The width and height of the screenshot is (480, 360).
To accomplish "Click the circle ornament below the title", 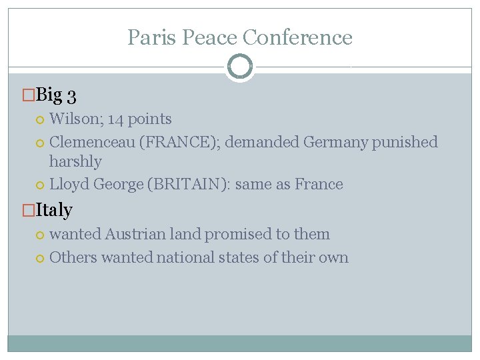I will (x=240, y=67).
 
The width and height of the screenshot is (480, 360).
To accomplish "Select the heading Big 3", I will (x=55, y=95).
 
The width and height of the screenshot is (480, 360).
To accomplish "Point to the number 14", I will (x=115, y=119).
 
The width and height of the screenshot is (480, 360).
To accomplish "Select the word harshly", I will (x=75, y=161).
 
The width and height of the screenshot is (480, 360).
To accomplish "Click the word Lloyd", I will (x=69, y=184).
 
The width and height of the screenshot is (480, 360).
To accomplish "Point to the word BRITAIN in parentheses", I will (x=194, y=184).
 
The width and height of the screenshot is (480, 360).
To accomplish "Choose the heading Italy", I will (x=53, y=210).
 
